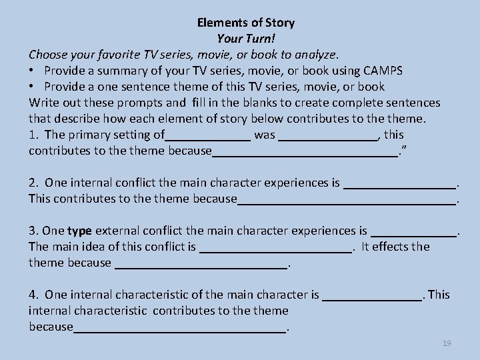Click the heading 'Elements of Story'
tap(246, 23)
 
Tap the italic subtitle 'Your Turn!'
tap(246, 39)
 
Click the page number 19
tap(447, 343)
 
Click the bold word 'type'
tap(80, 231)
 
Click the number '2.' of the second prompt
tap(34, 183)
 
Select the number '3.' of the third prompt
tap(34, 231)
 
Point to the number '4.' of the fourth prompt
tap(34, 295)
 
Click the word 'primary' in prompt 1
tap(88, 135)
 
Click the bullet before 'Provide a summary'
tap(33, 71)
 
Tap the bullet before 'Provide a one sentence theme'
tap(33, 87)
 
